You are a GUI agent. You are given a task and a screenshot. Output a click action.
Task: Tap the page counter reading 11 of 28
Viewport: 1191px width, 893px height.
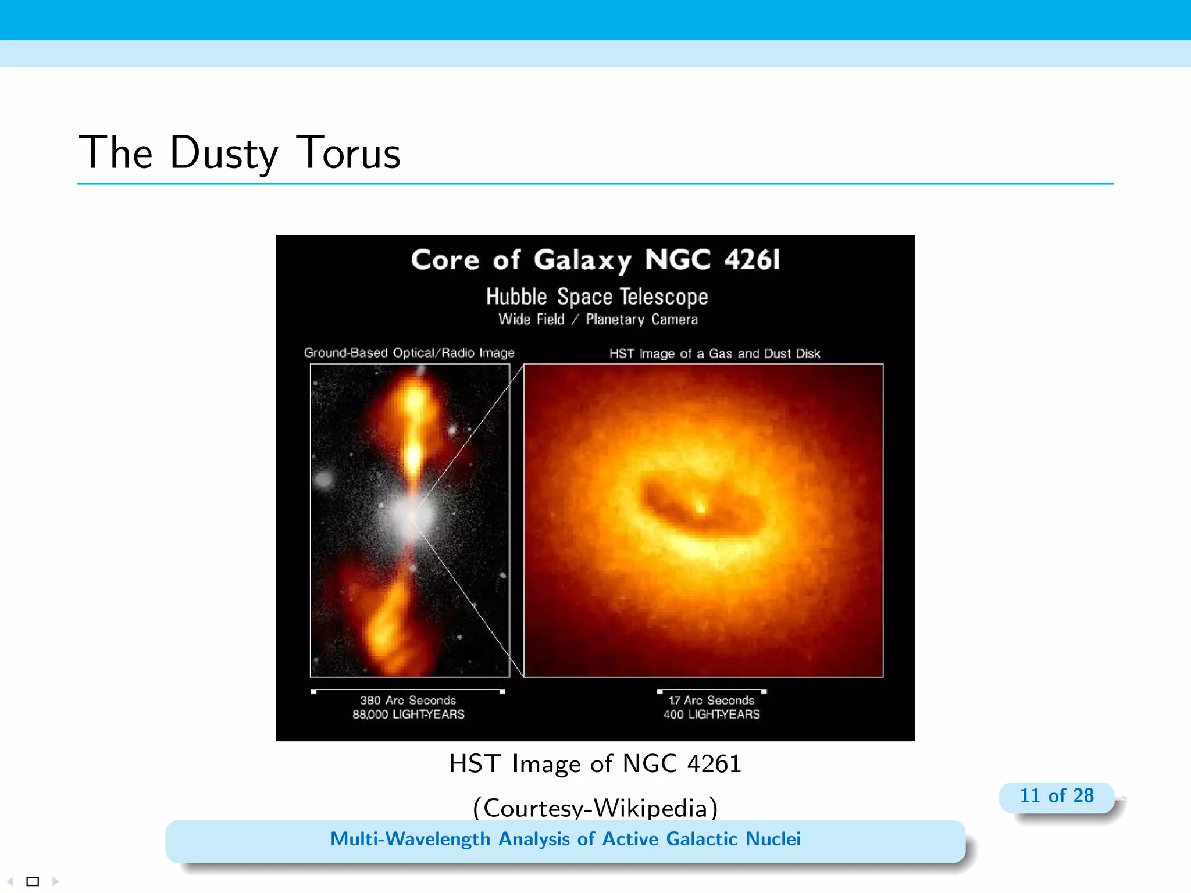coord(1056,795)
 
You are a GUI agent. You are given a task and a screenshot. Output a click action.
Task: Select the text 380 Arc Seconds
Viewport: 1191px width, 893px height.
coord(408,701)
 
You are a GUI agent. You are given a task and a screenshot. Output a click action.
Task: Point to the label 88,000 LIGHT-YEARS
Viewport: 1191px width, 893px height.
coord(408,715)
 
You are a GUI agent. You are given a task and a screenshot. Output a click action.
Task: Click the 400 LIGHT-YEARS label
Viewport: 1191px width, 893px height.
coord(711,715)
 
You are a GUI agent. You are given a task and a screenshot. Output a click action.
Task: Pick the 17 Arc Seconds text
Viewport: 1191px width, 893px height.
coord(711,701)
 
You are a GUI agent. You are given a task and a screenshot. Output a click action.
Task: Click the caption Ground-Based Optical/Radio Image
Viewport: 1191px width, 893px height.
coord(409,353)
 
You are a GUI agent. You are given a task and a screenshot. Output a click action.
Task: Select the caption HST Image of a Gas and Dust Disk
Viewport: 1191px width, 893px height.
coord(715,353)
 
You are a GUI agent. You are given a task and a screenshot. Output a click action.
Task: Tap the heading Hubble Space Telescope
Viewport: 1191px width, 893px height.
coord(597,297)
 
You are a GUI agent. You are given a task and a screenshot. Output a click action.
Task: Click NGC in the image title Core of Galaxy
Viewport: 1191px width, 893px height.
coord(677,259)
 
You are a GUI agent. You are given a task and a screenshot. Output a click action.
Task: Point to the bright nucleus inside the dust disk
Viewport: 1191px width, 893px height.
coord(701,508)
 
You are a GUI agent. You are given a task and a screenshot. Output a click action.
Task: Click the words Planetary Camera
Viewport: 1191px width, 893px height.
coord(641,320)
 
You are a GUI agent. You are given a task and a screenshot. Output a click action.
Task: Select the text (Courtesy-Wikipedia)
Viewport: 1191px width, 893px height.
coord(595,808)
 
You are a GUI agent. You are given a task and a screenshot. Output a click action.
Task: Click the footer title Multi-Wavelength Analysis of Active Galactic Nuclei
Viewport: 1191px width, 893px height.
coord(565,839)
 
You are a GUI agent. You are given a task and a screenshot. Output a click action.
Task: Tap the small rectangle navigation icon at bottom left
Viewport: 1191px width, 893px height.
coord(33,881)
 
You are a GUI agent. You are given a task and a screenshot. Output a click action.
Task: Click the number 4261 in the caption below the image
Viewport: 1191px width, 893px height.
coord(714,763)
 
